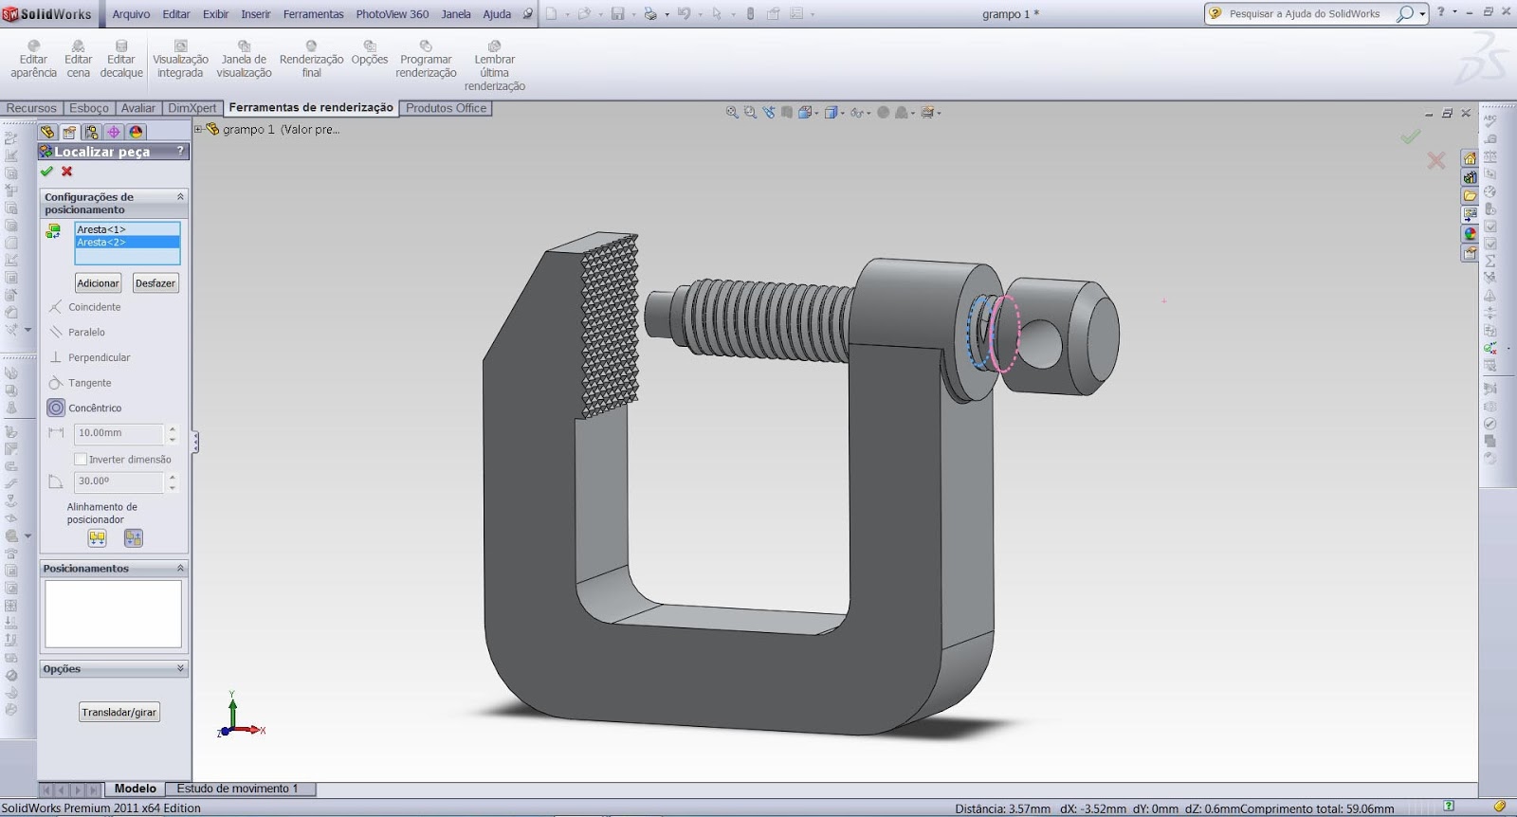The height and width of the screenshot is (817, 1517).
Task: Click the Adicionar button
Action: pyautogui.click(x=98, y=283)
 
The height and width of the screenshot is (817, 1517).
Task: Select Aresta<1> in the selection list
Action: pyautogui.click(x=101, y=229)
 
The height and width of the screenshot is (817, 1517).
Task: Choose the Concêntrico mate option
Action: pyautogui.click(x=94, y=408)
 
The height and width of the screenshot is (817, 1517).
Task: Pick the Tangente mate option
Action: pyautogui.click(x=89, y=383)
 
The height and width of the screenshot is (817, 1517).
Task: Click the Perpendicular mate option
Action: pyautogui.click(x=99, y=357)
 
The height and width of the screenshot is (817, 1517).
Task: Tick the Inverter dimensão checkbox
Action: pyautogui.click(x=81, y=460)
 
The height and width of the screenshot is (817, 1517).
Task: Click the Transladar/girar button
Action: pyautogui.click(x=119, y=713)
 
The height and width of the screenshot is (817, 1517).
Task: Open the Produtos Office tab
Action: pyautogui.click(x=446, y=108)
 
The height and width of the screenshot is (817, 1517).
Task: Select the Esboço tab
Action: pyautogui.click(x=89, y=108)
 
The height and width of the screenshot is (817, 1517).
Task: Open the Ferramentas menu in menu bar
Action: pyautogui.click(x=313, y=14)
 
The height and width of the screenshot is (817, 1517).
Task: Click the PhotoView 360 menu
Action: pyautogui.click(x=392, y=14)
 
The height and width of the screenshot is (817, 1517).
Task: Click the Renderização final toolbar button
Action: pyautogui.click(x=311, y=59)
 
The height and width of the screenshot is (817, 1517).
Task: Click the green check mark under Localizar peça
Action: pyautogui.click(x=46, y=172)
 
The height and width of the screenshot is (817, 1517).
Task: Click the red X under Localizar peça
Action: pyautogui.click(x=67, y=172)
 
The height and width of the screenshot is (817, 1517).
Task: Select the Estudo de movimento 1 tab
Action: pyautogui.click(x=237, y=789)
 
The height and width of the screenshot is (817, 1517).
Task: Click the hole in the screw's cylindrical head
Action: pyautogui.click(x=1041, y=343)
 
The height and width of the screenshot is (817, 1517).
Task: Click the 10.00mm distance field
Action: pyautogui.click(x=118, y=433)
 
